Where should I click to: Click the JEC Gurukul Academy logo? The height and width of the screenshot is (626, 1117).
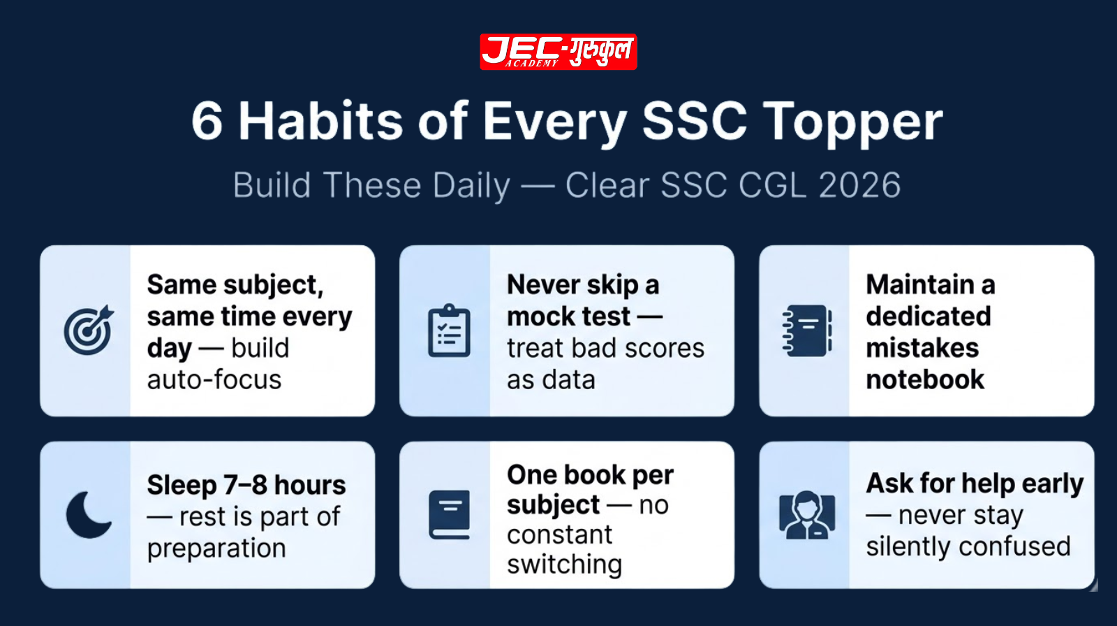click(558, 52)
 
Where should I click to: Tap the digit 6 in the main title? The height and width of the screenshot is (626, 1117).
click(207, 122)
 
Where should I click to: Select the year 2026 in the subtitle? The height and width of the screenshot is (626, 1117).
click(859, 186)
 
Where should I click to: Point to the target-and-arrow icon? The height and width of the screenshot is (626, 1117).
click(88, 330)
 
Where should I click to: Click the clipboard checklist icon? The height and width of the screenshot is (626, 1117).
click(449, 331)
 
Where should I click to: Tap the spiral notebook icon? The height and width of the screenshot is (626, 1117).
click(807, 330)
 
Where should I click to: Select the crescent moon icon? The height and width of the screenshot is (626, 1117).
click(88, 515)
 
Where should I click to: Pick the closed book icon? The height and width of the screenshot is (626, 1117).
click(449, 515)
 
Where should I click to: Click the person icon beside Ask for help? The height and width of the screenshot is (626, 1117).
click(807, 515)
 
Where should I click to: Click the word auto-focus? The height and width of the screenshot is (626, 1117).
click(214, 380)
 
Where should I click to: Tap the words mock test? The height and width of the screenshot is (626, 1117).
click(569, 316)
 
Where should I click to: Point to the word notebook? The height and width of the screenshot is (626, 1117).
click(925, 380)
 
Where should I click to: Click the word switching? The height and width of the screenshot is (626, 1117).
click(564, 565)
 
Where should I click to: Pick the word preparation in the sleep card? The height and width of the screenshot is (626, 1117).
click(216, 549)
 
